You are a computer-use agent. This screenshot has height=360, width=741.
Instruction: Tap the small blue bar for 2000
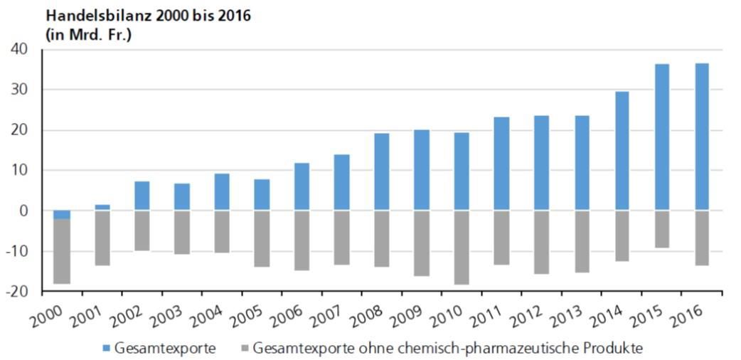tap(62, 214)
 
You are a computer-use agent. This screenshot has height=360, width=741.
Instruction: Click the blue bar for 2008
tap(381, 171)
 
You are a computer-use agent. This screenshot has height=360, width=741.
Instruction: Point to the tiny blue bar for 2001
tap(102, 207)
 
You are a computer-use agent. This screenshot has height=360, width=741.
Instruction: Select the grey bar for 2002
tap(142, 231)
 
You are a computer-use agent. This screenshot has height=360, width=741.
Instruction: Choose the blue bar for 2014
tap(622, 151)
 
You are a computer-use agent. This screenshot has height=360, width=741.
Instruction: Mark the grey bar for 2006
tap(302, 240)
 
